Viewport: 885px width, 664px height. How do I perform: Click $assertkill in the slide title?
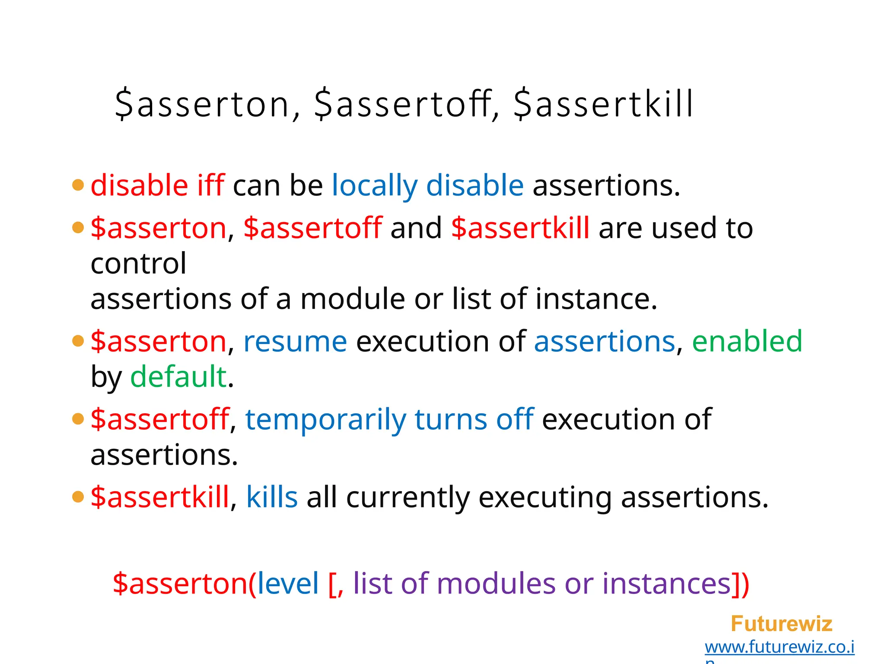[x=604, y=104]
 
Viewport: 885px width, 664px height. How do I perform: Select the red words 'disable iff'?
[x=157, y=185]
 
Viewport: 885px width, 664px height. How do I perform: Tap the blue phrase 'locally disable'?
[x=428, y=185]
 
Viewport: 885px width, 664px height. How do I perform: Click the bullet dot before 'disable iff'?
[x=78, y=185]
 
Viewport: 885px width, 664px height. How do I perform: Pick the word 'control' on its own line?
[x=139, y=263]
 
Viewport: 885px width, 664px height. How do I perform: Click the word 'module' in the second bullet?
[x=352, y=299]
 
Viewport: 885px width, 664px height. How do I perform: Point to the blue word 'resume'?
[x=295, y=341]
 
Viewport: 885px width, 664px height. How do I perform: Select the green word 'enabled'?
[x=747, y=341]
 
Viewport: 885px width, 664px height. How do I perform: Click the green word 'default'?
[x=178, y=377]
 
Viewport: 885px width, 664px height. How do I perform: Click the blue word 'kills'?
[x=272, y=497]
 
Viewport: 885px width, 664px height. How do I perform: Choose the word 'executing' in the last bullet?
[x=545, y=497]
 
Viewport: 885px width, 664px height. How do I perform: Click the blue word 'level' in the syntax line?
[x=288, y=584]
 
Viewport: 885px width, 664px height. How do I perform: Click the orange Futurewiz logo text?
[x=781, y=624]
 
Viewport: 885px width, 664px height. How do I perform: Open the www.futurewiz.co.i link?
[x=780, y=647]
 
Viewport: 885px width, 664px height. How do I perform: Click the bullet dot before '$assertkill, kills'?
[x=78, y=497]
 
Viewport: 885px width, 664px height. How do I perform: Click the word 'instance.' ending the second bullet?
[x=596, y=299]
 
